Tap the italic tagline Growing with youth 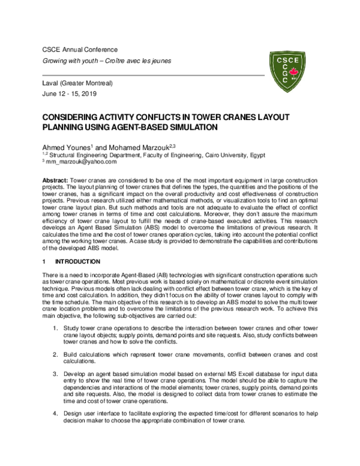pos(74,61)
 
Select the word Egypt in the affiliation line pos(283,154)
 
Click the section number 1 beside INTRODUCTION pos(44,262)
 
